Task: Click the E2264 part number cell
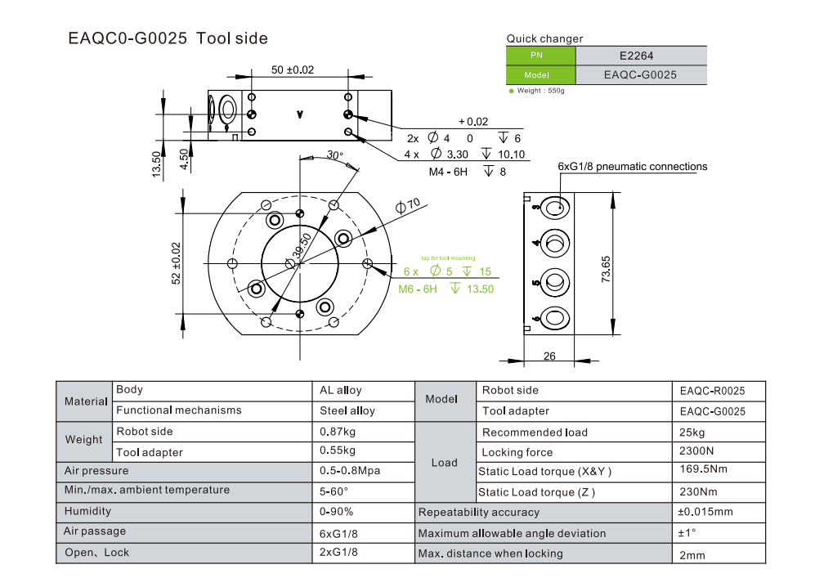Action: click(x=642, y=56)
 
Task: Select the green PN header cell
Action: click(x=540, y=56)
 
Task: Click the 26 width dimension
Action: click(x=549, y=355)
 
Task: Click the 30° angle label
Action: click(x=335, y=155)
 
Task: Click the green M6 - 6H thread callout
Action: click(x=418, y=289)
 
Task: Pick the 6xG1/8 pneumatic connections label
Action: click(x=632, y=166)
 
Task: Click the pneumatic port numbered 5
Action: click(x=556, y=282)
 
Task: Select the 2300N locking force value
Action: click(x=696, y=451)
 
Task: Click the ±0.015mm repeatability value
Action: click(x=706, y=512)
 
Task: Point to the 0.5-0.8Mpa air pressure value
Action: click(x=350, y=471)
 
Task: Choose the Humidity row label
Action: click(x=87, y=511)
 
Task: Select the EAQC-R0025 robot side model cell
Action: click(x=712, y=391)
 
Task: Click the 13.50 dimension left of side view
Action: click(x=156, y=163)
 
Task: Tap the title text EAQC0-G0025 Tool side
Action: click(x=168, y=38)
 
